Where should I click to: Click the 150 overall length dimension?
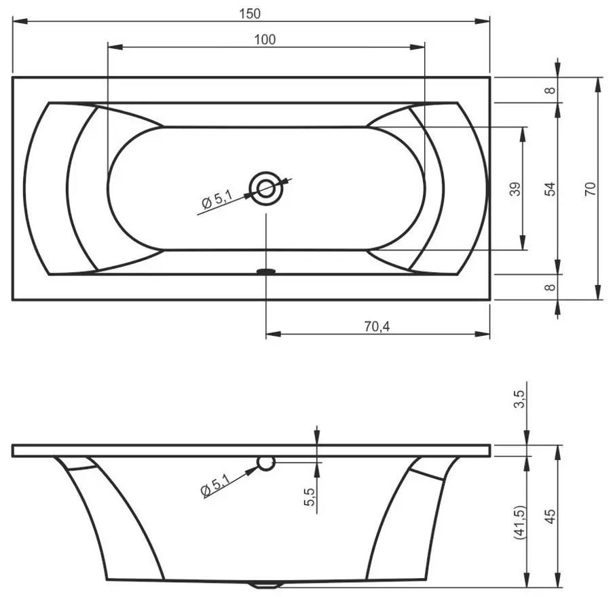[250, 13]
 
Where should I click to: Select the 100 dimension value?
[265, 39]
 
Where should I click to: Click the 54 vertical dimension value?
[549, 188]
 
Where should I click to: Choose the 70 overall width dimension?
[589, 188]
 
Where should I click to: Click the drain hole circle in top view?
[265, 187]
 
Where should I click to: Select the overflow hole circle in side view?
[265, 463]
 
